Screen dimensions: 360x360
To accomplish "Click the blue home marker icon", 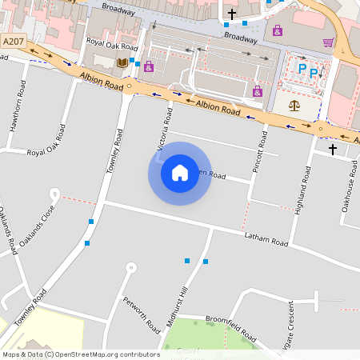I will (x=180, y=173).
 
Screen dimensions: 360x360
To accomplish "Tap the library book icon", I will (x=122, y=62).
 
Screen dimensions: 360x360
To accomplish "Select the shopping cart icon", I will (x=328, y=42).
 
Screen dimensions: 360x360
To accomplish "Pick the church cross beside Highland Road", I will (x=332, y=149).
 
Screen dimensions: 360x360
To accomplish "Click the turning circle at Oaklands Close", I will (x=54, y=192).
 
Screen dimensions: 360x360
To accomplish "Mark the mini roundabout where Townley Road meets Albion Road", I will (x=129, y=90).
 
